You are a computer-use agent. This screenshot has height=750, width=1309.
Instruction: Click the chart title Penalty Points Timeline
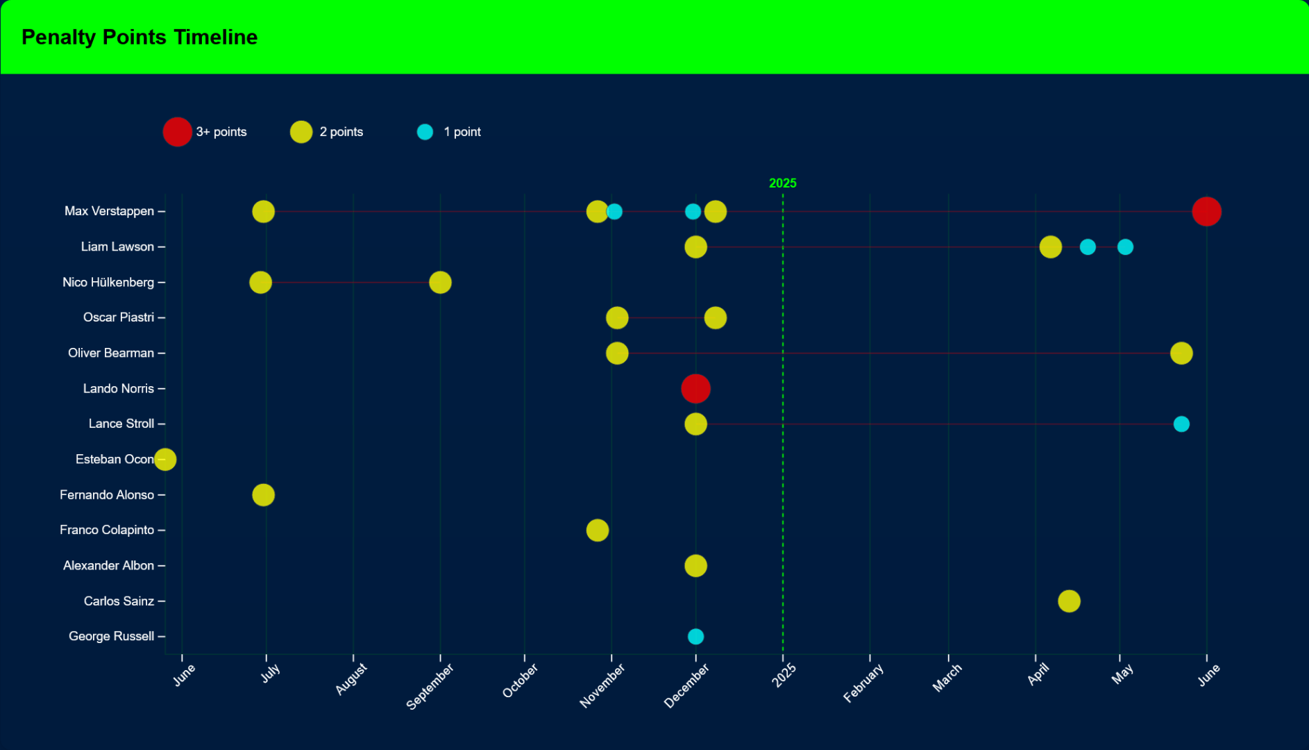(x=140, y=37)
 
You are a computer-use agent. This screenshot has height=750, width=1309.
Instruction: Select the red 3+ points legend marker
(x=177, y=132)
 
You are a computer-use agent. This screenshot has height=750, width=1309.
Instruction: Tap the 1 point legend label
(x=462, y=132)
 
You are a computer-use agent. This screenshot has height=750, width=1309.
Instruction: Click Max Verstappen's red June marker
(x=1206, y=211)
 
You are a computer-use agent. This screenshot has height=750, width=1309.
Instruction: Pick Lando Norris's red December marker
(x=695, y=388)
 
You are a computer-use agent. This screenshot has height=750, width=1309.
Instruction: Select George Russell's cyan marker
(x=695, y=636)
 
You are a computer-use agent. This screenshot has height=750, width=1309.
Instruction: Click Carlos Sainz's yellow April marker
(x=1069, y=601)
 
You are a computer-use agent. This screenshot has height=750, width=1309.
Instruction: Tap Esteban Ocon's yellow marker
(x=165, y=459)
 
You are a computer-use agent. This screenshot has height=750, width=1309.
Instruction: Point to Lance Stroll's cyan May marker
(x=1181, y=424)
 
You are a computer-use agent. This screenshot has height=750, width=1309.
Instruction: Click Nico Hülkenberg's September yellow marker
(x=440, y=283)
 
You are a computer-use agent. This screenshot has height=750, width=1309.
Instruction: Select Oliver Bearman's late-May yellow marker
(x=1181, y=353)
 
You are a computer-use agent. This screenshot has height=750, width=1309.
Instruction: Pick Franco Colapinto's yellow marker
(x=597, y=530)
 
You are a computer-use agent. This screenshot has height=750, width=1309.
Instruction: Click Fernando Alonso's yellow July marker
(x=263, y=494)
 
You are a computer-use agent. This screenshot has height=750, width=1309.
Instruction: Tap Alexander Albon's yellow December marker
(x=695, y=565)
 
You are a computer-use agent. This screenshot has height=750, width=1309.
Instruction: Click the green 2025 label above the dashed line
(x=782, y=183)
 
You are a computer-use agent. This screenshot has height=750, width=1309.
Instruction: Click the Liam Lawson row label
(x=117, y=247)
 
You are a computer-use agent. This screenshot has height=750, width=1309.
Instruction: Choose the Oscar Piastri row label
(x=119, y=317)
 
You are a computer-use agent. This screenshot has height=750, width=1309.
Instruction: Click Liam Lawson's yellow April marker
(x=1050, y=247)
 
